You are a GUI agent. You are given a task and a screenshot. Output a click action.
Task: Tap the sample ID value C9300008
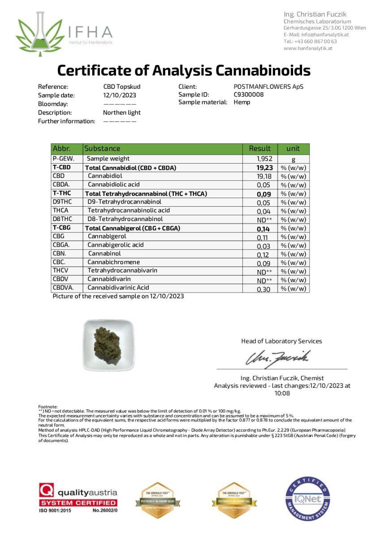pos(248,95)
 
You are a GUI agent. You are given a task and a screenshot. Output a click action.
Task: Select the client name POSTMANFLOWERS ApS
pos(268,87)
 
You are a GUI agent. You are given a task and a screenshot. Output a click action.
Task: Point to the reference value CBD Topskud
pos(122,87)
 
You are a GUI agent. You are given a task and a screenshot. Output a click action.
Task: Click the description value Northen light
pos(121,113)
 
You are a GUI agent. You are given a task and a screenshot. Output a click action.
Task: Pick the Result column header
pos(259,148)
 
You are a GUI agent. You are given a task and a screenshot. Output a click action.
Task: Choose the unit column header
pos(293,148)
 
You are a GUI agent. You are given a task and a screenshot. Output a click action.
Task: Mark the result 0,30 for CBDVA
pos(263,289)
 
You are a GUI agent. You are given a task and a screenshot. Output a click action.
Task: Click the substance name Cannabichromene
pos(113,262)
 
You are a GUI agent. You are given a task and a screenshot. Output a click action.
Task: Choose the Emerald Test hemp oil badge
pos(233,500)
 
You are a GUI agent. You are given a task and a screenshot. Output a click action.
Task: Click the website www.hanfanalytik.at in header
pos(307,48)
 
